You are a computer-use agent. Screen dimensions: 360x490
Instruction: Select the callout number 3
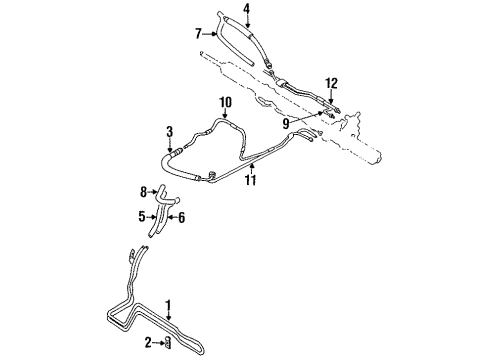tap(169, 130)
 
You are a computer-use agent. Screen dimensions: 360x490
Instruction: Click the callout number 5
tap(144, 214)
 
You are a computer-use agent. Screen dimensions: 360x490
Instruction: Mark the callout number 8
tap(144, 190)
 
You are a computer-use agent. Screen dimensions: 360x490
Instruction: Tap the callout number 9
tap(287, 122)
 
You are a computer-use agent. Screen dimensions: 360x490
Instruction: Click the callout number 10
tap(225, 101)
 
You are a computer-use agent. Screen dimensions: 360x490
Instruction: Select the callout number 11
tap(249, 181)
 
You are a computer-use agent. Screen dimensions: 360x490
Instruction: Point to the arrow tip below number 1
tap(169, 323)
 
